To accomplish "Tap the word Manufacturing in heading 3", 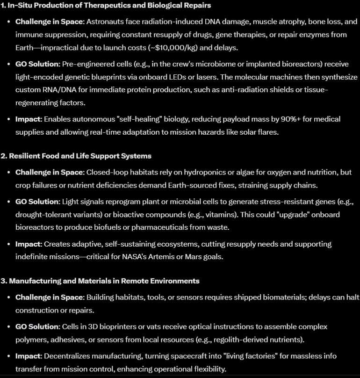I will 34,281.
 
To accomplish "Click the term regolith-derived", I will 223,339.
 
